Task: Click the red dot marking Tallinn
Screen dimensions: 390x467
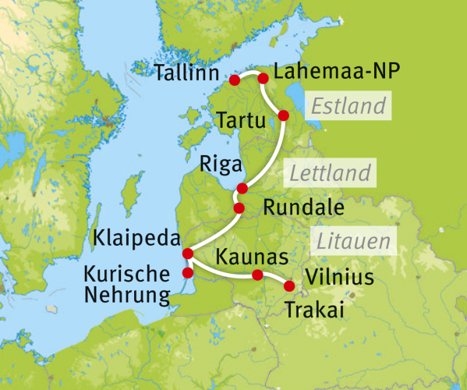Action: (x=234, y=80)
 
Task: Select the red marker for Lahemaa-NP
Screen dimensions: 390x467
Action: (x=263, y=78)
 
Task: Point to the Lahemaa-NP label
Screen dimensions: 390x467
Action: (x=337, y=72)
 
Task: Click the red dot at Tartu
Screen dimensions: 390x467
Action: (x=283, y=115)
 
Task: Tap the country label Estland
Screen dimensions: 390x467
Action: (x=346, y=105)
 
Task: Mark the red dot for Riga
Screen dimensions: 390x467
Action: (x=242, y=188)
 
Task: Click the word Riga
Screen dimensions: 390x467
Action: (x=218, y=164)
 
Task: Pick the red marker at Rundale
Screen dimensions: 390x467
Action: (x=239, y=207)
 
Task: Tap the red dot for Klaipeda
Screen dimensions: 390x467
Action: (x=187, y=253)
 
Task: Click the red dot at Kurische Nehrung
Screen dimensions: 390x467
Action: (x=187, y=272)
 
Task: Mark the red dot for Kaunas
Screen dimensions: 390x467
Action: (x=257, y=274)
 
